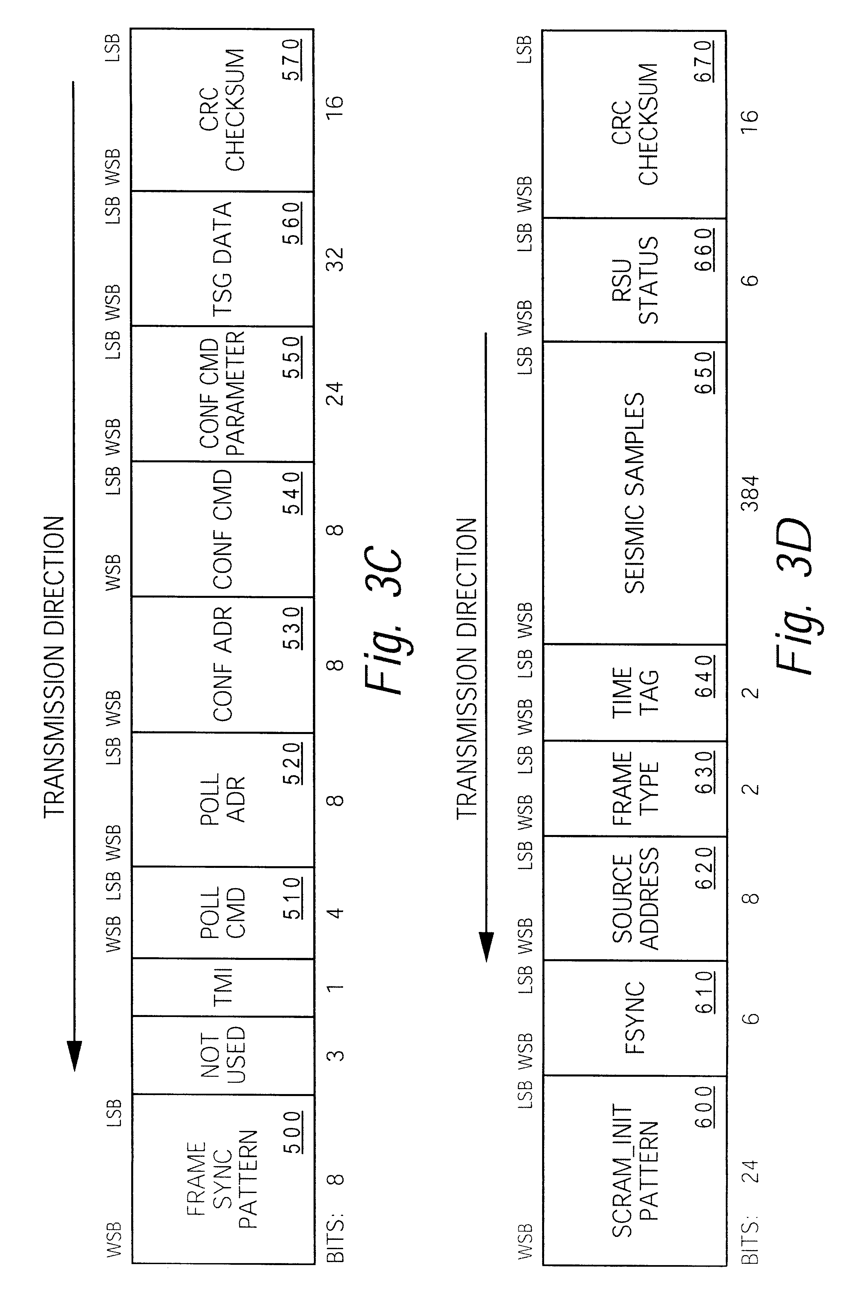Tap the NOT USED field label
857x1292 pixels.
pos(223,1055)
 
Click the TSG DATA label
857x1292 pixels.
pos(223,258)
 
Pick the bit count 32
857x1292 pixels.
pos(337,259)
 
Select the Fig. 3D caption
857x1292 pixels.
pos(795,596)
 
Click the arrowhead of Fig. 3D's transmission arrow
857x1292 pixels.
pos(486,948)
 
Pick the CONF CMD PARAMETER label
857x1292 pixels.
pos(223,395)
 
